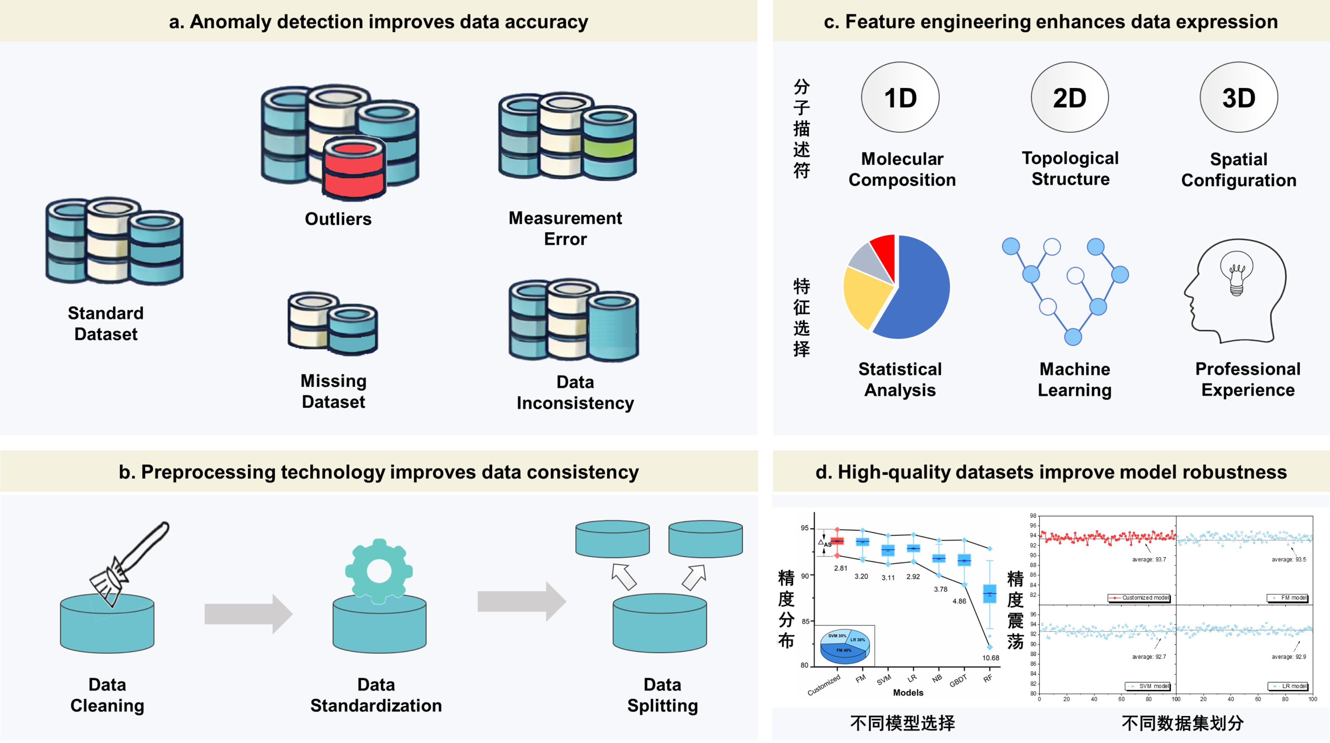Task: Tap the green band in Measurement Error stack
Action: pyautogui.click(x=609, y=147)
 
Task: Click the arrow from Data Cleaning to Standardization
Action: pyautogui.click(x=248, y=614)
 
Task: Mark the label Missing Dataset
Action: pyautogui.click(x=333, y=391)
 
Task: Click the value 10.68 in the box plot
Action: pyautogui.click(x=990, y=658)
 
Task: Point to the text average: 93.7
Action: pyautogui.click(x=1149, y=559)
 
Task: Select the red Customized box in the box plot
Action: pyautogui.click(x=837, y=541)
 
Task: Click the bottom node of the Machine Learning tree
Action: pyautogui.click(x=1073, y=337)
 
